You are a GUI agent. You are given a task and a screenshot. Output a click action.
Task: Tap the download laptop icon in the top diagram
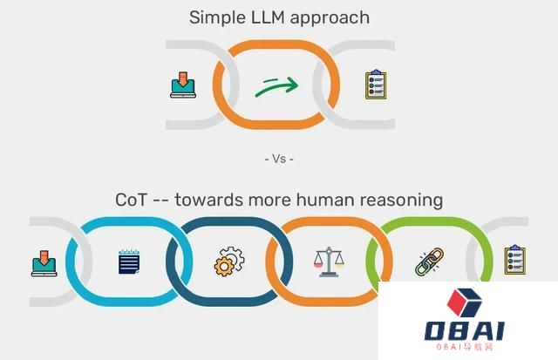point(183,85)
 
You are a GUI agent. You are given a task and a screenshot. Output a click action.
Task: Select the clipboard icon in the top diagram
point(376,85)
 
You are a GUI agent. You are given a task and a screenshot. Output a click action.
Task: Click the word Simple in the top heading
point(217,17)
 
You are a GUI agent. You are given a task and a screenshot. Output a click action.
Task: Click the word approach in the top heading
point(330,18)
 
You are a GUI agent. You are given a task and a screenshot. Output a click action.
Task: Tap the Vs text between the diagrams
point(279,159)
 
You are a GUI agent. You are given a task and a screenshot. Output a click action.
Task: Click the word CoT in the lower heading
point(131,200)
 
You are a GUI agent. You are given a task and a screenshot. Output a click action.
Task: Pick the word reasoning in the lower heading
point(401,200)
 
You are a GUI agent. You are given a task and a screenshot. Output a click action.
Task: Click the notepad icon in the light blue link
point(129,262)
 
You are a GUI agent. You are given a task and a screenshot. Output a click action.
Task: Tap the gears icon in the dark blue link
point(229,262)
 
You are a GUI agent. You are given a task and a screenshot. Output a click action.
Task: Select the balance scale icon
point(329,262)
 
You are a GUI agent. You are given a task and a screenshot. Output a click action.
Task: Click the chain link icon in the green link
point(430,262)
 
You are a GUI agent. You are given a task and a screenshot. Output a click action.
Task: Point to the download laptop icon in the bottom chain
point(44,263)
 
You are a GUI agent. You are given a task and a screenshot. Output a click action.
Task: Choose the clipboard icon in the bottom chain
point(515,260)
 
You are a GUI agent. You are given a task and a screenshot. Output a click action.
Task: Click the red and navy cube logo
point(464,302)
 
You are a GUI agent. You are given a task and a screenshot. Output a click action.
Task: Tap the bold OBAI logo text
point(465,331)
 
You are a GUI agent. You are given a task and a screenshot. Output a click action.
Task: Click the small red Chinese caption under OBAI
point(465,347)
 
